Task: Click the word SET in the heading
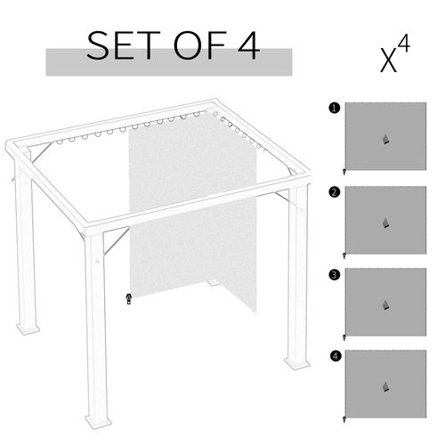pos(124,45)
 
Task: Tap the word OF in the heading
pos(200,45)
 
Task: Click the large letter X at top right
pos(389,62)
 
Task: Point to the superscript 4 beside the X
pos(403,44)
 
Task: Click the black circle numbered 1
pos(335,108)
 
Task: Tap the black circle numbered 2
pos(335,192)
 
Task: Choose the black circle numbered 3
pos(335,274)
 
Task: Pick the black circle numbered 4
pos(336,356)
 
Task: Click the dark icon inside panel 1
pos(385,140)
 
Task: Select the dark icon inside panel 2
pos(385,223)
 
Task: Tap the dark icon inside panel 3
pos(385,305)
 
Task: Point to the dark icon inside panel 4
pos(385,387)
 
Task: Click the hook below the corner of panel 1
pos(344,172)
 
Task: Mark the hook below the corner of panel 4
pos(344,419)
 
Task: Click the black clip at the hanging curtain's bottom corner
pos(129,299)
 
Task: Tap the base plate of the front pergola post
pos(98,420)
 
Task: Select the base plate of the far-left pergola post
pos(28,328)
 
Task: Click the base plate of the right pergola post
pos(297,363)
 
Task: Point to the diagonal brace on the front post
pos(117,241)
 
